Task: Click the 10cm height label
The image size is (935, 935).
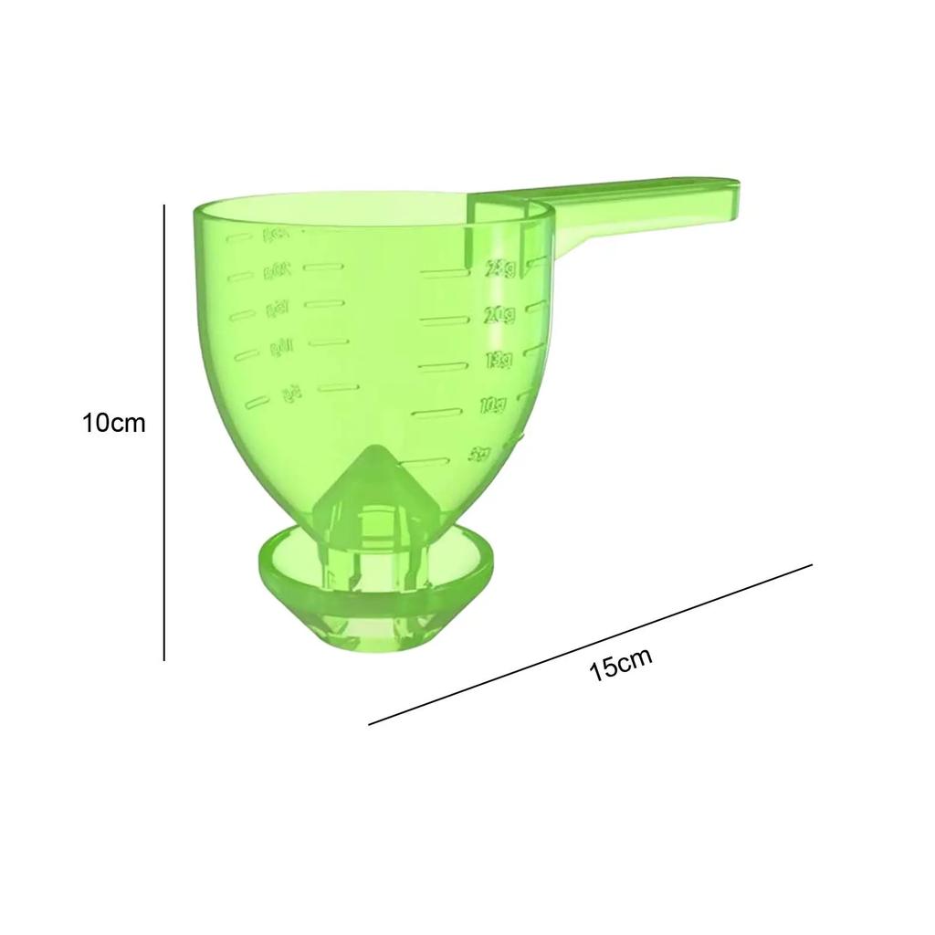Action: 113,424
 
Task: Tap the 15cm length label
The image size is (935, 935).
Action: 621,664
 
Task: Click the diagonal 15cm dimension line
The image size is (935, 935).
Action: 590,645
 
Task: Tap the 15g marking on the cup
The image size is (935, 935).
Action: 498,361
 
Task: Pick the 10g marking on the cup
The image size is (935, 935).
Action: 494,406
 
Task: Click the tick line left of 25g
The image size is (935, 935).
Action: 443,272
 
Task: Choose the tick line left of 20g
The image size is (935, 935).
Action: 443,320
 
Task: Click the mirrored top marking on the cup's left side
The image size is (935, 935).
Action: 275,236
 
